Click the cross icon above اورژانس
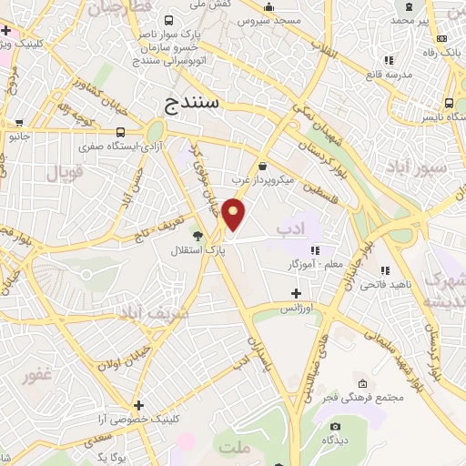click(295, 293)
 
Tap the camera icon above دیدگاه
click(335, 426)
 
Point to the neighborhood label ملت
click(233, 448)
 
